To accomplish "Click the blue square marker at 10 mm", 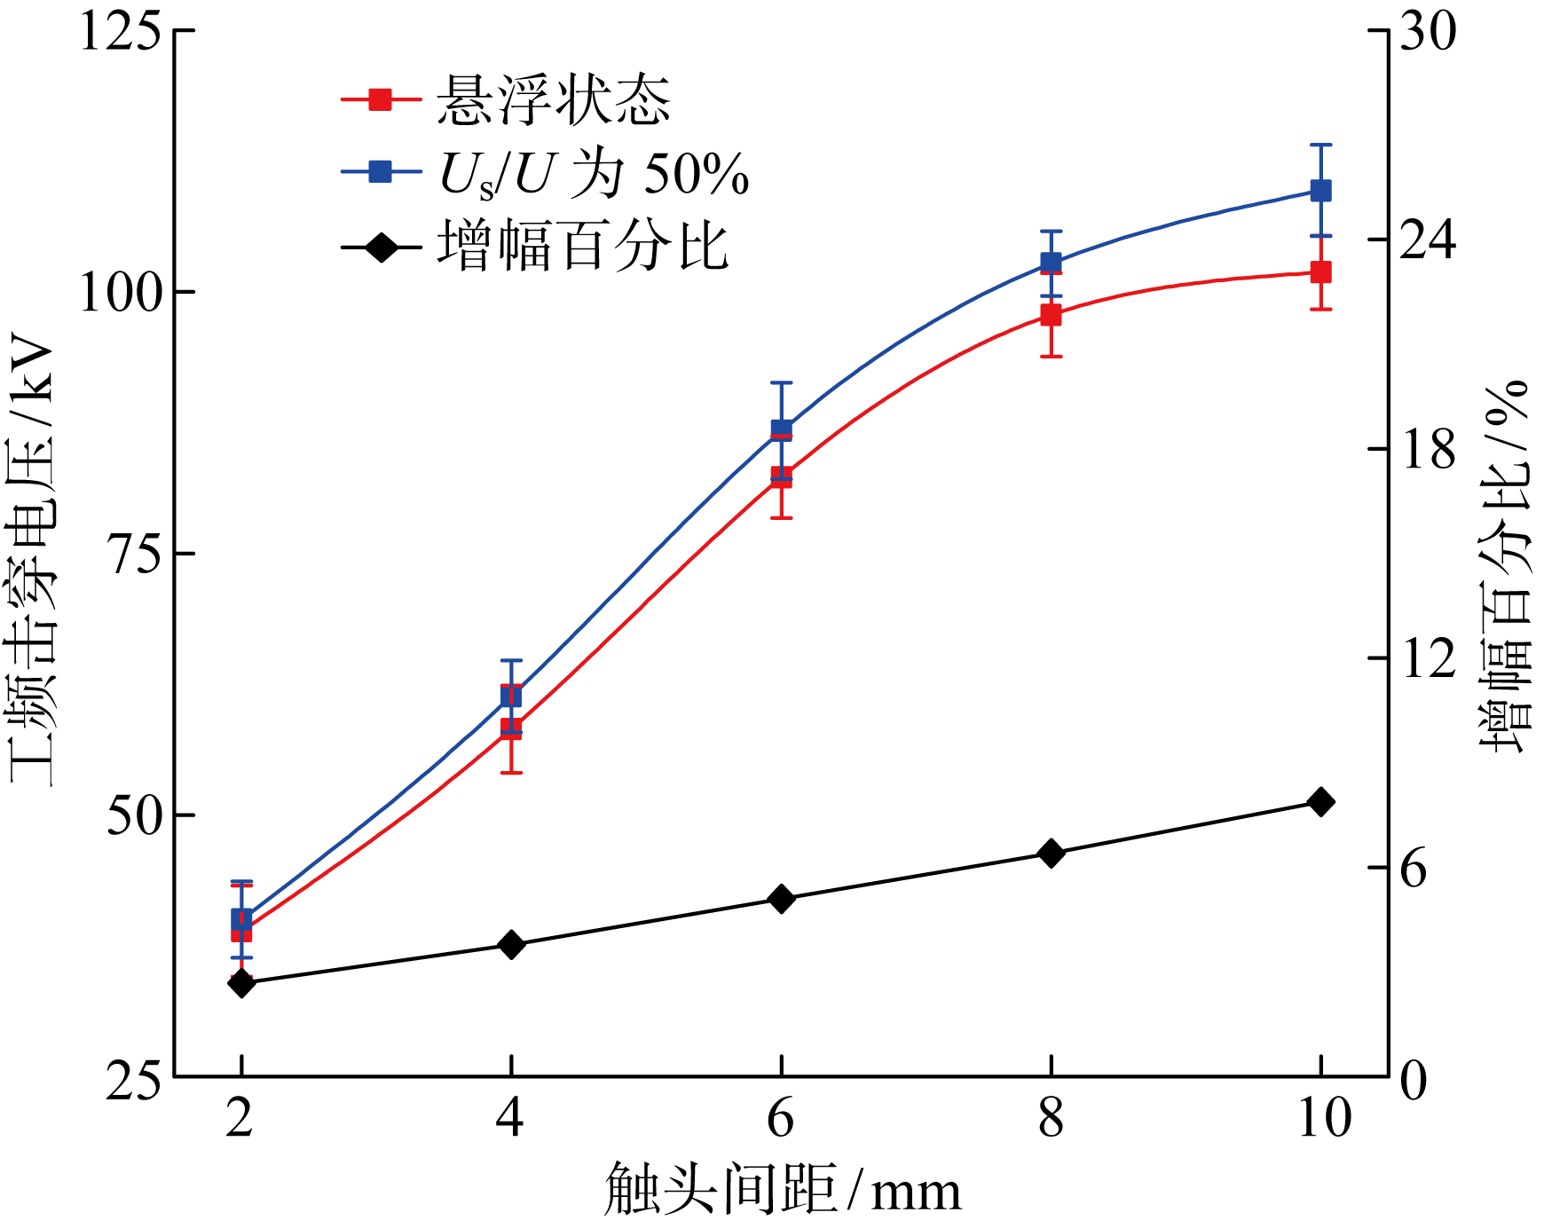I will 1320,191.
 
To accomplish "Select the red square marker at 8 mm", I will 1051,315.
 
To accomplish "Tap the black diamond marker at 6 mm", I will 781,899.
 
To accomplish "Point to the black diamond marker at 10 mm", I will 1320,801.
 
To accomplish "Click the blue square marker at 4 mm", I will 511,696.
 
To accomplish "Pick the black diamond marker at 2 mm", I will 241,982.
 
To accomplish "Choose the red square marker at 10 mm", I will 1320,272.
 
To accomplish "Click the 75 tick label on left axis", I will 133,554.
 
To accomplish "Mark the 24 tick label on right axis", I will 1427,240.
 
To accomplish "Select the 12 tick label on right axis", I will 1427,658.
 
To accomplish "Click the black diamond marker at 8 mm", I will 1051,853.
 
